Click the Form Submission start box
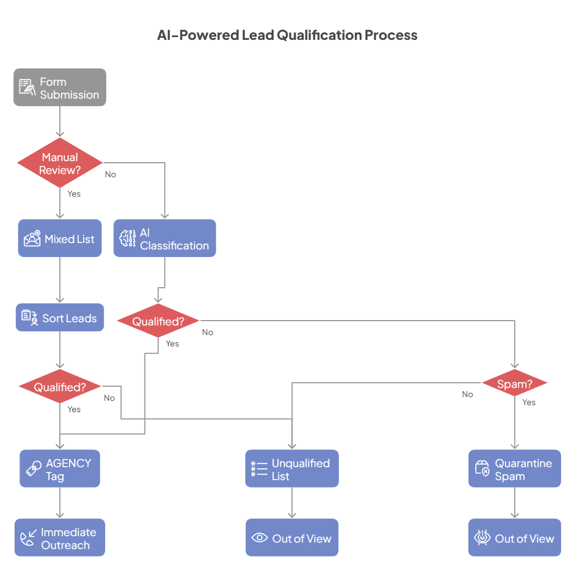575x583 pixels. (60, 87)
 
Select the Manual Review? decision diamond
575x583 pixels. (60, 163)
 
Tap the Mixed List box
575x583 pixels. (60, 238)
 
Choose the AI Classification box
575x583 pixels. (165, 238)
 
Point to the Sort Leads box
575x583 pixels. (60, 317)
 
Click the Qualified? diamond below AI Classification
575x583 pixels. (158, 321)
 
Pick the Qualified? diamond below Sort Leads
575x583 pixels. (60, 386)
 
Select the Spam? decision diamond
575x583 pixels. (515, 384)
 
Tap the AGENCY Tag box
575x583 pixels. (60, 469)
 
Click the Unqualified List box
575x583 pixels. (292, 469)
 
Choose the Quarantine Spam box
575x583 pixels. (515, 469)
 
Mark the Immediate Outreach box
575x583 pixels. (60, 538)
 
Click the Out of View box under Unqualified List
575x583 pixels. (292, 538)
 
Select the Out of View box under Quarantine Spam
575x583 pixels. (515, 538)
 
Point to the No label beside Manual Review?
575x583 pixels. (110, 175)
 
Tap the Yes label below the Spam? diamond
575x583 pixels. (529, 402)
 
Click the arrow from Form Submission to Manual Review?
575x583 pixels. (60, 121)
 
